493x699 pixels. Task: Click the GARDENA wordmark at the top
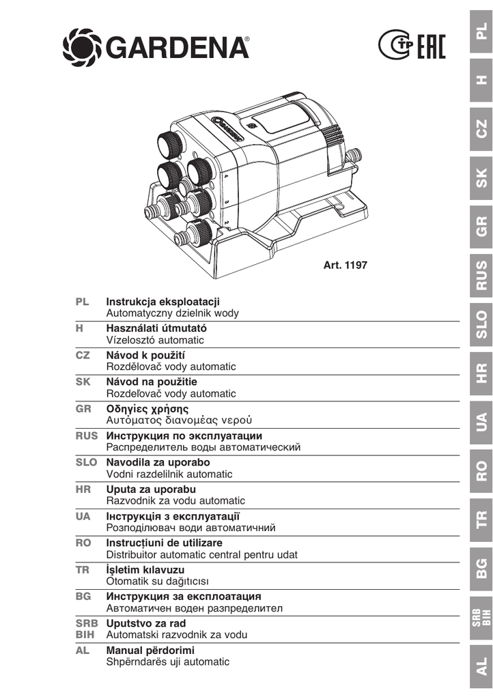pyautogui.click(x=178, y=47)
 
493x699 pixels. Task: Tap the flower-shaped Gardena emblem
pyautogui.click(x=83, y=47)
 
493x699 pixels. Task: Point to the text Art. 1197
pyautogui.click(x=345, y=265)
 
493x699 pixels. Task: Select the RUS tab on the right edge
pyautogui.click(x=481, y=275)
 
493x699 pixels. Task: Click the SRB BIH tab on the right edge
pyautogui.click(x=481, y=617)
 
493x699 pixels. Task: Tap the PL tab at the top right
pyautogui.click(x=481, y=31)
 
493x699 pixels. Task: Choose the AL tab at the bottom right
pyautogui.click(x=481, y=666)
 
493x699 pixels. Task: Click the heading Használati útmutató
pyautogui.click(x=156, y=328)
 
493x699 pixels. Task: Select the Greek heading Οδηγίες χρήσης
pyautogui.click(x=147, y=410)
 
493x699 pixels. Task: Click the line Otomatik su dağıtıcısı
pyautogui.click(x=157, y=582)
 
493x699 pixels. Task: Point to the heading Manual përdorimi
pyautogui.click(x=150, y=651)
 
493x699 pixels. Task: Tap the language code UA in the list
pyautogui.click(x=83, y=516)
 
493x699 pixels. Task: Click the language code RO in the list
pyautogui.click(x=83, y=543)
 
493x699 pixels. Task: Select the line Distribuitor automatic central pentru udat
pyautogui.click(x=202, y=554)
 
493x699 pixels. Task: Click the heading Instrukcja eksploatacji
pyautogui.click(x=163, y=302)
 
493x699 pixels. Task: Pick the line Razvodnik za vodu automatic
pyautogui.click(x=175, y=500)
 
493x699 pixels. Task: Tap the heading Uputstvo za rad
pyautogui.click(x=145, y=623)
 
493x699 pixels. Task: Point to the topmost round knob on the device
pyautogui.click(x=169, y=143)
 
